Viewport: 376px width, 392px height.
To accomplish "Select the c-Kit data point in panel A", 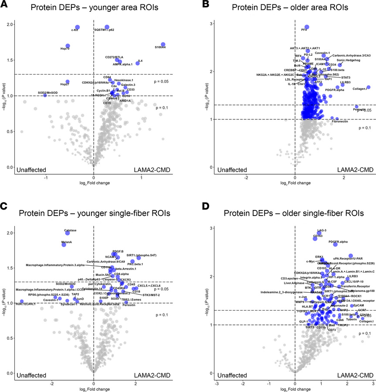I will [77, 27].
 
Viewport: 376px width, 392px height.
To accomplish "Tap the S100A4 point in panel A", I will [163, 45].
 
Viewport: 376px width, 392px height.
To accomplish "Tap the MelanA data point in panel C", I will [64, 245].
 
